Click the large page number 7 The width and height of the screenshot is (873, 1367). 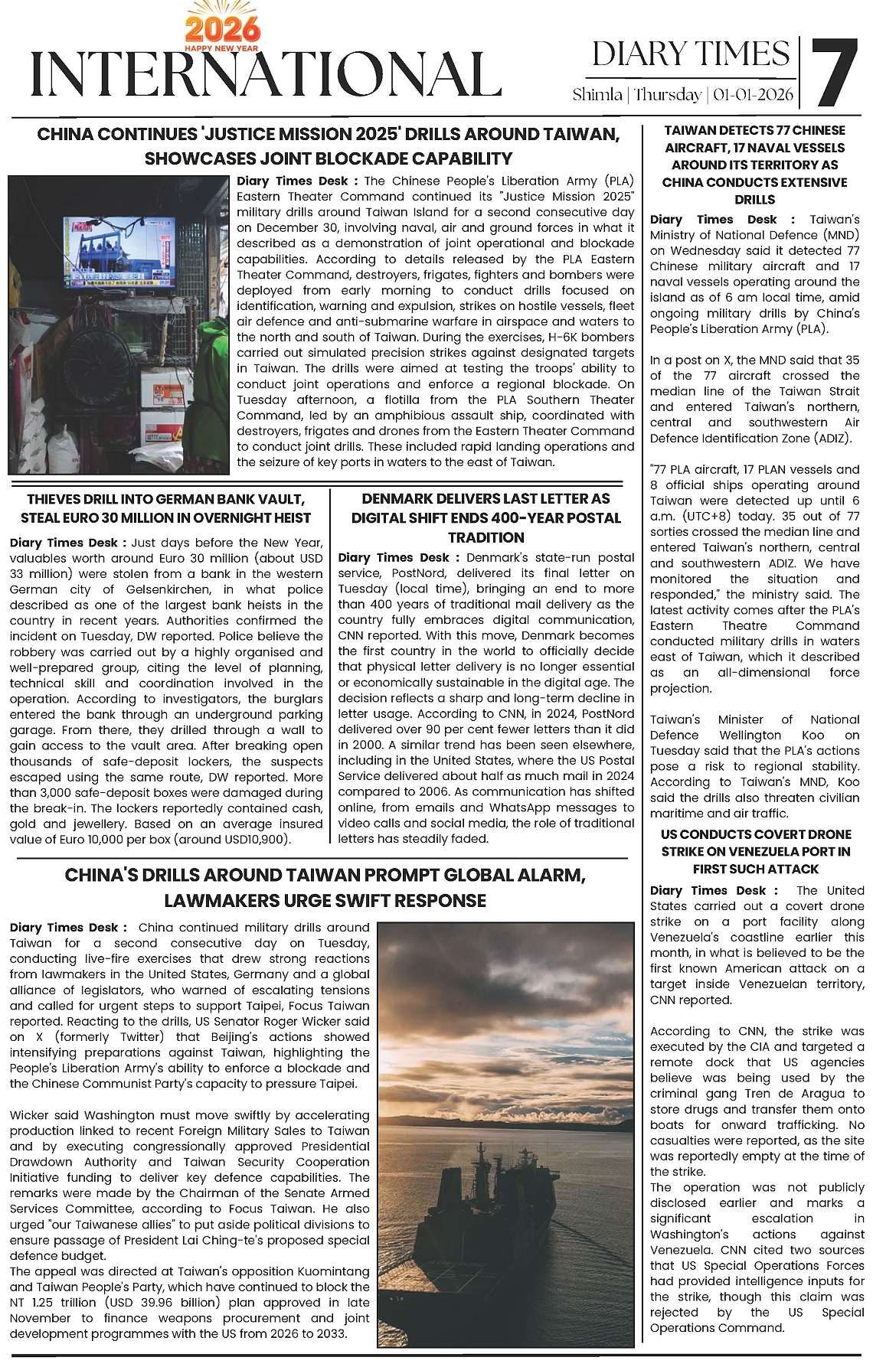pyautogui.click(x=834, y=73)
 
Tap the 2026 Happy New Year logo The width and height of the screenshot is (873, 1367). pyautogui.click(x=223, y=30)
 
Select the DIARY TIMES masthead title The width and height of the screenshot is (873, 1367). pyautogui.click(x=691, y=54)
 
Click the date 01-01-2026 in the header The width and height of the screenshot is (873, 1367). pyautogui.click(x=753, y=95)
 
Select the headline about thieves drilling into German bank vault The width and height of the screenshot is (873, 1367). pyautogui.click(x=166, y=508)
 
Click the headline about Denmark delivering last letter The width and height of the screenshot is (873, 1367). pyautogui.click(x=486, y=518)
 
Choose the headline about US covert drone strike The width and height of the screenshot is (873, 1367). pyautogui.click(x=755, y=851)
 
